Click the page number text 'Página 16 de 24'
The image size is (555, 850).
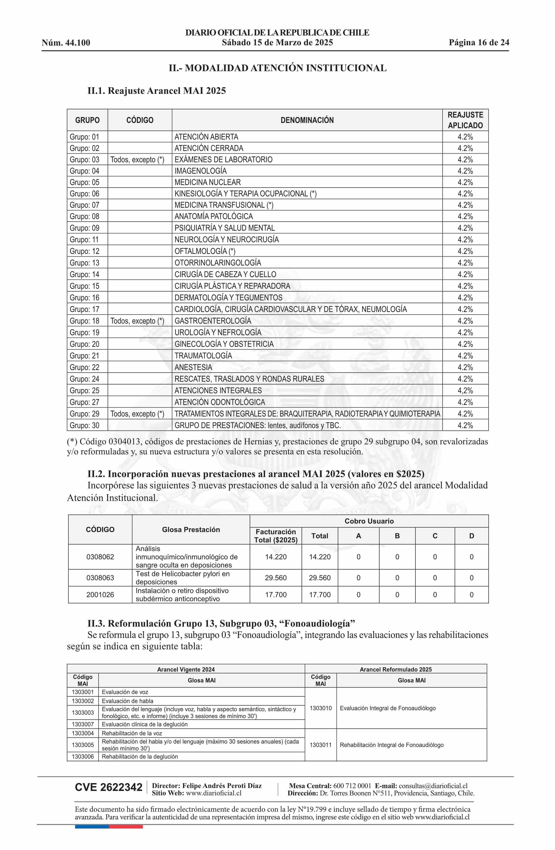pos(479,43)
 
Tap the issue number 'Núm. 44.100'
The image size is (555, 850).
pos(66,43)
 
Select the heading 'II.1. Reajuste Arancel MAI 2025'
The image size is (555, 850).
pos(156,91)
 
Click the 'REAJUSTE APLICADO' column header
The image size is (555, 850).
pos(465,120)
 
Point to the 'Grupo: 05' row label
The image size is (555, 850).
pos(84,182)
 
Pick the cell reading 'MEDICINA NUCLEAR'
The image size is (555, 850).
pos(208,182)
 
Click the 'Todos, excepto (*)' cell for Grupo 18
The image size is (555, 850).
pos(137,321)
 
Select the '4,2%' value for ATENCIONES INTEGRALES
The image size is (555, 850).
pos(465,390)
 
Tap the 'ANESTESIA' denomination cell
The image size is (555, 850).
pos(193,367)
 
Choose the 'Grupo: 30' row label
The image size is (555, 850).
pos(84,425)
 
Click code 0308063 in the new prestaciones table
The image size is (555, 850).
pos(100,578)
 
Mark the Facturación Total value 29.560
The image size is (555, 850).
pos(276,578)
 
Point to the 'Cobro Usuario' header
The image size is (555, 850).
pos(369,521)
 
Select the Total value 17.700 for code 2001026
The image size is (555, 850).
pos(320,595)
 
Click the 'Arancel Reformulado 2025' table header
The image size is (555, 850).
pos(395,669)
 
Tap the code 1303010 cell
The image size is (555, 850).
pos(320,708)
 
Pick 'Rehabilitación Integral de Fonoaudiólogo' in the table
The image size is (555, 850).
pos(392,745)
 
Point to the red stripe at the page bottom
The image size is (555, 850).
pos(126,826)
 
